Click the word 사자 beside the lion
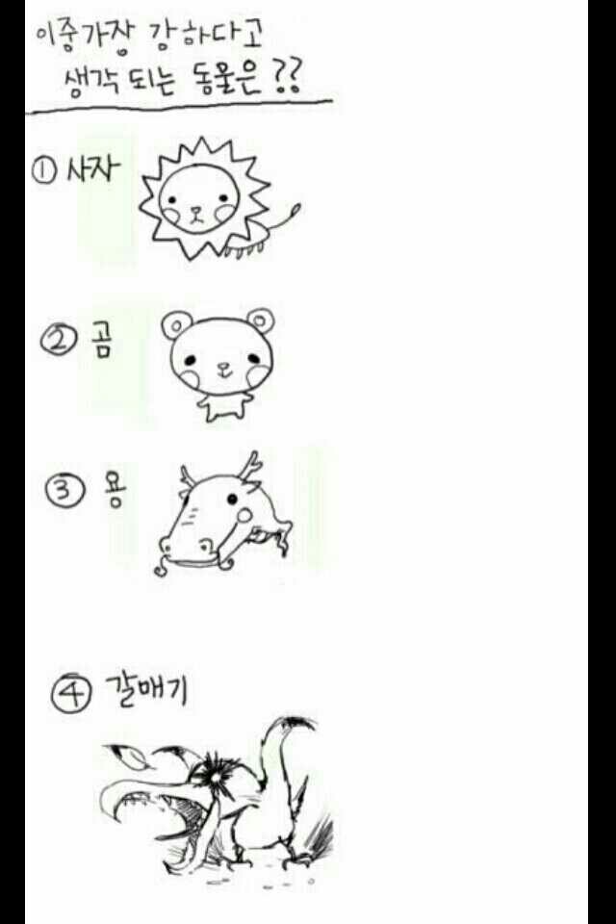[93, 169]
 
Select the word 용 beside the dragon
[114, 489]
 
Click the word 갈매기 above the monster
[145, 689]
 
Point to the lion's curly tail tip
[295, 209]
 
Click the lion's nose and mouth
[196, 214]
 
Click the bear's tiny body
[224, 405]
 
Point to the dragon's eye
[232, 500]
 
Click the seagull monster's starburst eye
[215, 778]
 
